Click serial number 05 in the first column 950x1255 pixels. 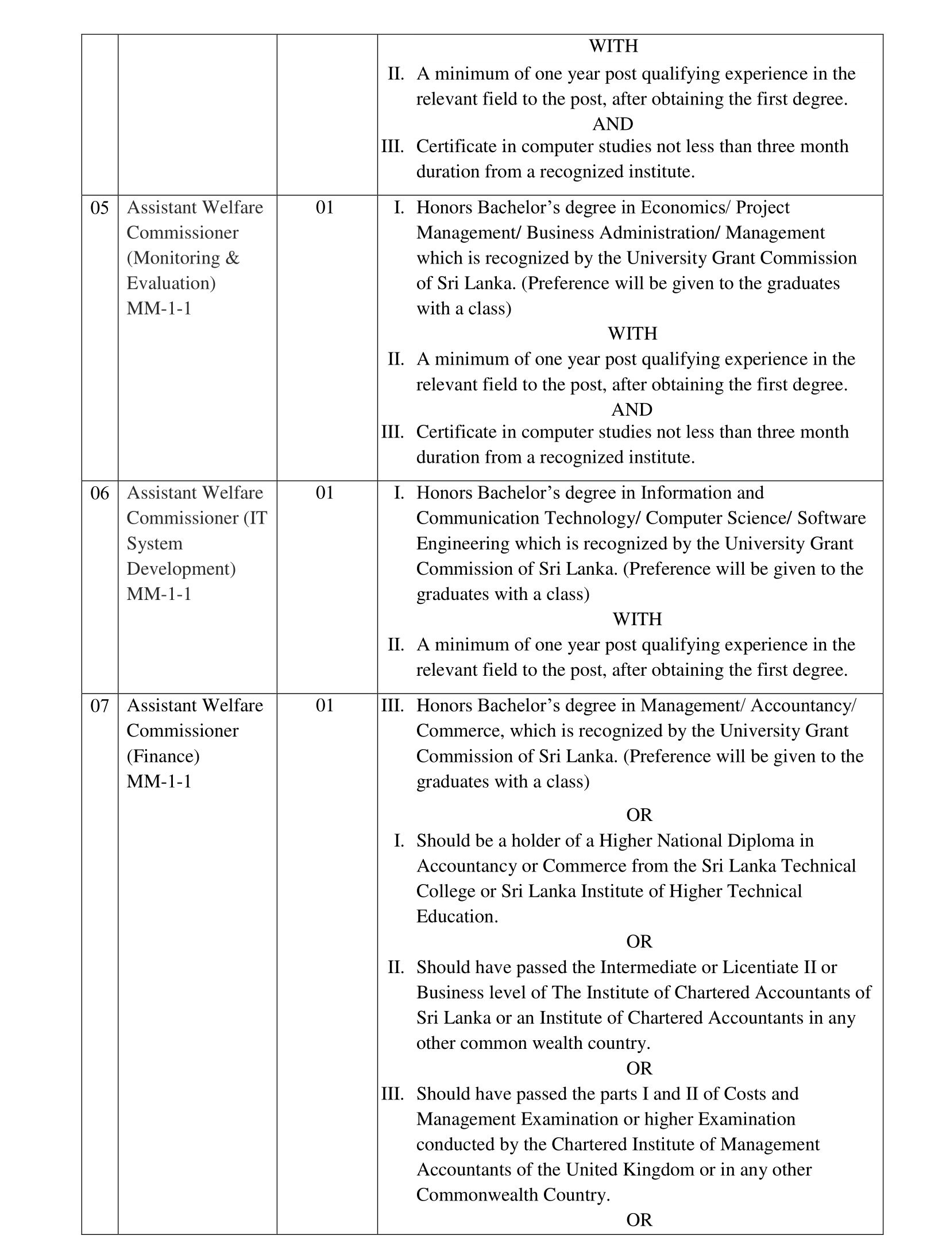99,208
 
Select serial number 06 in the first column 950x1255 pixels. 99,493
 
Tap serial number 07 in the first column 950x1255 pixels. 99,706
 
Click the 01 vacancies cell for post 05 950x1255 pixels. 325,208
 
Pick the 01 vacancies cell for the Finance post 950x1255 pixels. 325,706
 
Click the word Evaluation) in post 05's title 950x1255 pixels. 171,284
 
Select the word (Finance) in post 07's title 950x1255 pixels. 163,756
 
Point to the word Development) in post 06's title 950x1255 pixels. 181,569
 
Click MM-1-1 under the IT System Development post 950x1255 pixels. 159,594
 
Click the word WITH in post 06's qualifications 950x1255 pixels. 637,619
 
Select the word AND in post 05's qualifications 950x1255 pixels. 632,410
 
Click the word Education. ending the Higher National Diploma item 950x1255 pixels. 457,917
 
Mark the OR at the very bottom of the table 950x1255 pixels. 639,1220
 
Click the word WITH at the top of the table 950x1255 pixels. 613,46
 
